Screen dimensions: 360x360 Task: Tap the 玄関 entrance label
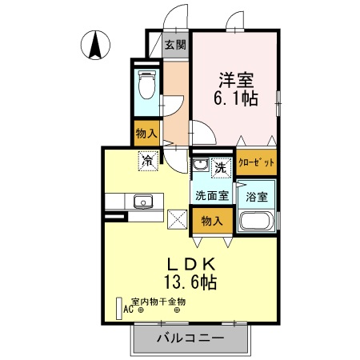click(x=174, y=46)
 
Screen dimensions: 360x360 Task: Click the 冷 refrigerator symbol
click(x=148, y=161)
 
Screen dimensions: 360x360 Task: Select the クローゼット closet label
click(x=256, y=162)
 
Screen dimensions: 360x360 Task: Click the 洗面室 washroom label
click(x=210, y=195)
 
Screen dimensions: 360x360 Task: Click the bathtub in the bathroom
click(x=257, y=222)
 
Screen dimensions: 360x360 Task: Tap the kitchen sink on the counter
click(x=143, y=202)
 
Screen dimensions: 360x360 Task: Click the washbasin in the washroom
click(x=200, y=166)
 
